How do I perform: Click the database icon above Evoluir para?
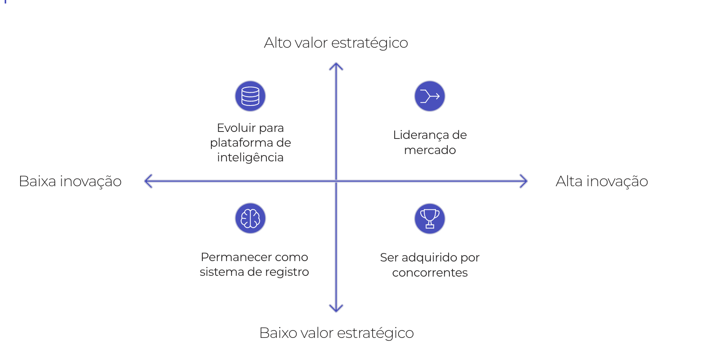[250, 96]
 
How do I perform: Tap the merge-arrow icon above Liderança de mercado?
[430, 96]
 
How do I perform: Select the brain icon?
[250, 218]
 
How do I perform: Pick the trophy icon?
[430, 219]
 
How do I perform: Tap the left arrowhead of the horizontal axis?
[147, 181]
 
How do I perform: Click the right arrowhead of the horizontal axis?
[525, 181]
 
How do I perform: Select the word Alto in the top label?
[277, 43]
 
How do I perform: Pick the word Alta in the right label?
[569, 181]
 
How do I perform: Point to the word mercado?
[430, 150]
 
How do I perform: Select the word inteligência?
[250, 157]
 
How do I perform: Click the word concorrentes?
[430, 273]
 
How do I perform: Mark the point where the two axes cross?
[336, 181]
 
